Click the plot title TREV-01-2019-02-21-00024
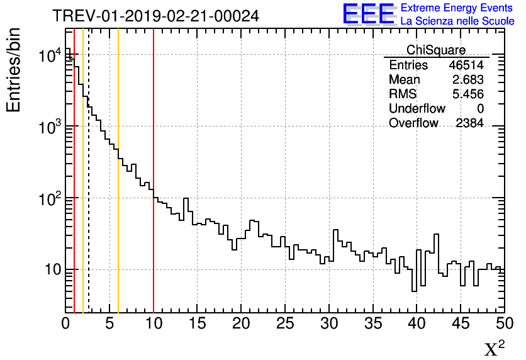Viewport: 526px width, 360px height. pyautogui.click(x=155, y=16)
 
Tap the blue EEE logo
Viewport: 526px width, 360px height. pyautogui.click(x=369, y=14)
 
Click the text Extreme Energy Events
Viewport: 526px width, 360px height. pyautogui.click(x=457, y=8)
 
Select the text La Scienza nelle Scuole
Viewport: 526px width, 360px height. pyautogui.click(x=457, y=21)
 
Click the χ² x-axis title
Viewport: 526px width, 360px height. pyautogui.click(x=494, y=348)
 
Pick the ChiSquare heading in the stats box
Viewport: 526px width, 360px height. pyautogui.click(x=436, y=50)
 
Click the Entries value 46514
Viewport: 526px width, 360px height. pyautogui.click(x=466, y=65)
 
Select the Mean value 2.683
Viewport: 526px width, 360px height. pyautogui.click(x=467, y=80)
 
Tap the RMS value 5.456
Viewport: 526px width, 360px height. pyautogui.click(x=467, y=94)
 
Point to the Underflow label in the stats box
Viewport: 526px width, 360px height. pyautogui.click(x=417, y=109)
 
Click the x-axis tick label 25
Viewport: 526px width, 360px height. pyautogui.click(x=286, y=323)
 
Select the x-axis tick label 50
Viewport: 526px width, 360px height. pyautogui.click(x=503, y=323)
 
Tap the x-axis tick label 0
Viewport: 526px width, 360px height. pyautogui.click(x=66, y=323)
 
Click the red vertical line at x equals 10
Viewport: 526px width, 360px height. pyautogui.click(x=154, y=252)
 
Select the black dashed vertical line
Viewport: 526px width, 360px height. pyautogui.click(x=89, y=189)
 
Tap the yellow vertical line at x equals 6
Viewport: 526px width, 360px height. pyautogui.click(x=118, y=252)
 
